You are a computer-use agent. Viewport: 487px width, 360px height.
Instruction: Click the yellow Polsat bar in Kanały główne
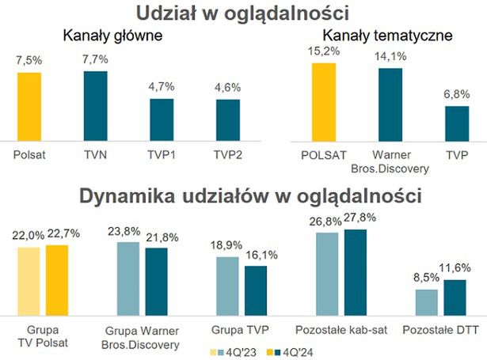[29, 105]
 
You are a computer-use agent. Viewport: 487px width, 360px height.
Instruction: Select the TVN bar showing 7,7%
[95, 104]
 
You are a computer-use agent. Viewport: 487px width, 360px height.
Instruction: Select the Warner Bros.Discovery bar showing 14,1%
[390, 103]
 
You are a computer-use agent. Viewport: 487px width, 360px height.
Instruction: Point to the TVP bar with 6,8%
[456, 122]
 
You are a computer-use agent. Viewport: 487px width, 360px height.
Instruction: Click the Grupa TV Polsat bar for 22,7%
[56, 278]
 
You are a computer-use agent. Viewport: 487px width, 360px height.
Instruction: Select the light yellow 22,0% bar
[29, 279]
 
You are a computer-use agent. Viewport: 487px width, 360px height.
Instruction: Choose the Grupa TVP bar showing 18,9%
[228, 284]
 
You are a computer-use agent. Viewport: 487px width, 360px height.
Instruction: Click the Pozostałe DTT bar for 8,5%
[427, 301]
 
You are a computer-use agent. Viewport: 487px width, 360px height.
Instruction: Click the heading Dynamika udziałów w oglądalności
[243, 195]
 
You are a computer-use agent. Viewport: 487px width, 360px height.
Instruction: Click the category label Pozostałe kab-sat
[341, 329]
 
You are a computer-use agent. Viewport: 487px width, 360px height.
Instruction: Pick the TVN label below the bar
[95, 154]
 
